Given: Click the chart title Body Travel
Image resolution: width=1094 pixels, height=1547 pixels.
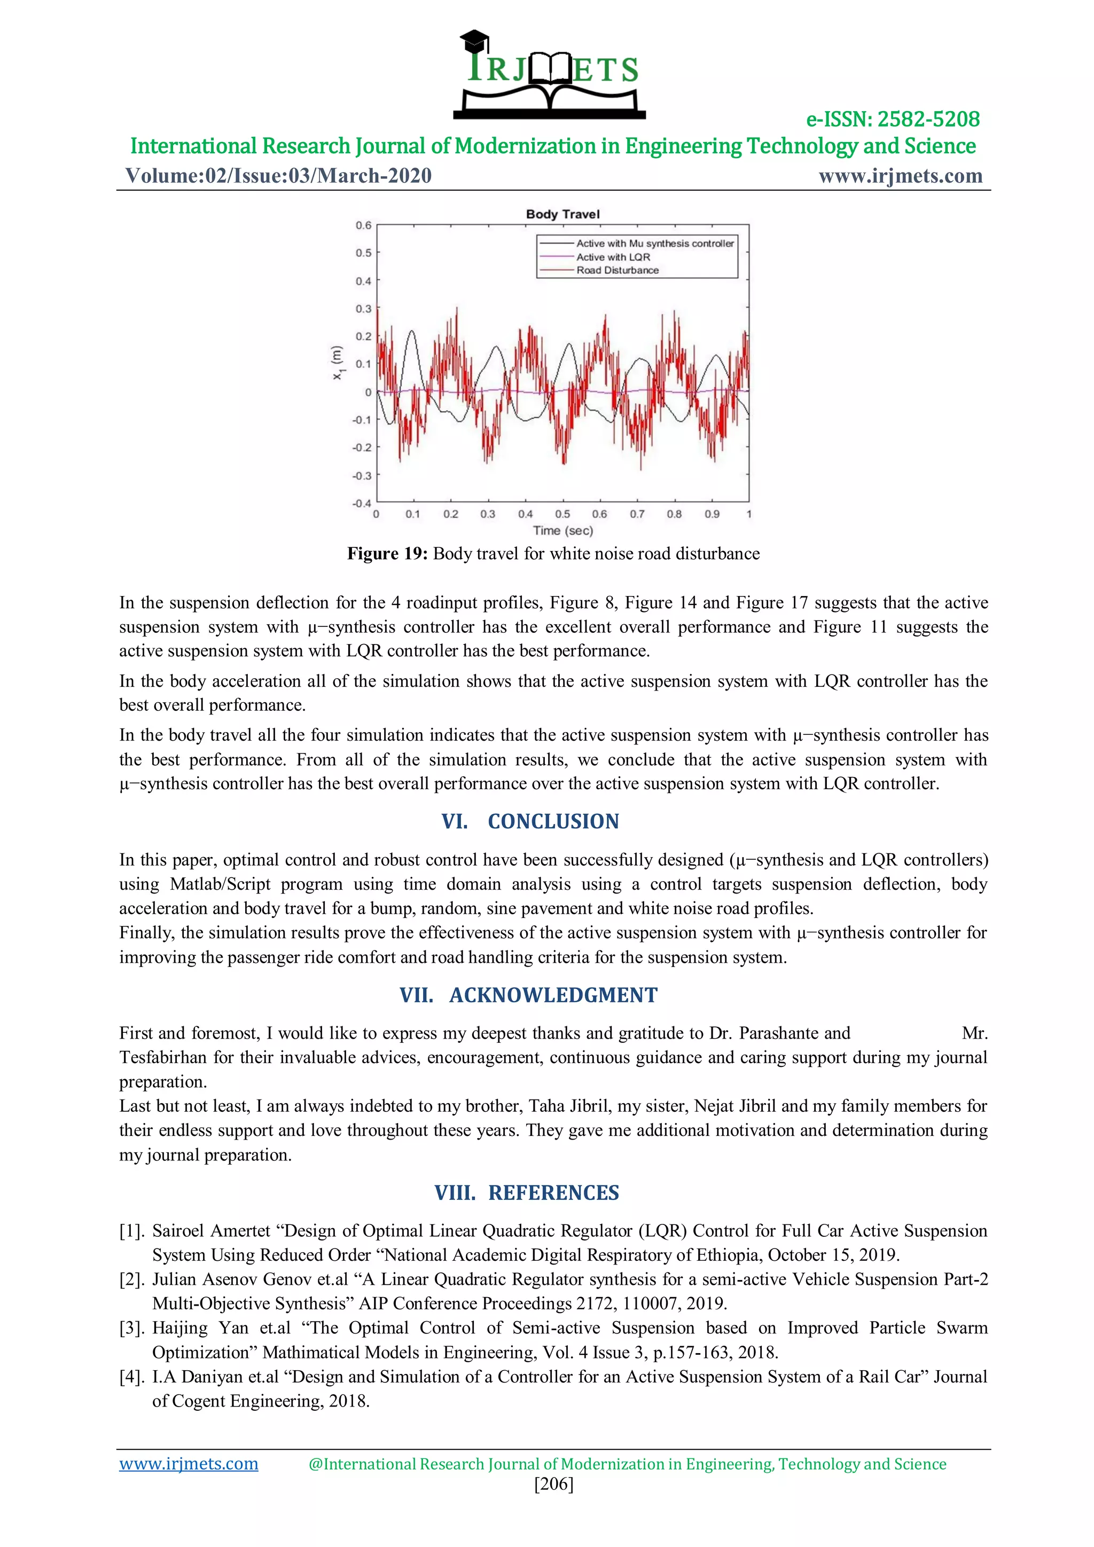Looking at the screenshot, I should click(x=562, y=214).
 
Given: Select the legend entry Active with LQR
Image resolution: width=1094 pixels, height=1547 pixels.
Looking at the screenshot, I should click(x=613, y=257).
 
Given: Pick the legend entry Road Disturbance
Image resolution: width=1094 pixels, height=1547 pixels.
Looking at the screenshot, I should click(x=617, y=270).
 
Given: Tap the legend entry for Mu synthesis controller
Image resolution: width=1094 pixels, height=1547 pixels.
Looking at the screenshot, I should click(x=654, y=243).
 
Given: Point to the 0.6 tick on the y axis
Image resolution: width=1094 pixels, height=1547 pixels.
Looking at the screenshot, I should click(x=363, y=225).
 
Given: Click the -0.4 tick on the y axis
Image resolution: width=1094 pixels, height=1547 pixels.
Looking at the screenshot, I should click(x=362, y=504).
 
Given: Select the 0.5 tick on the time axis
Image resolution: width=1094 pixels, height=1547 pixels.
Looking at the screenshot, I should click(x=562, y=514).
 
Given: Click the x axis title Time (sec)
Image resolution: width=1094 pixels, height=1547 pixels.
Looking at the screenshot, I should click(x=563, y=530).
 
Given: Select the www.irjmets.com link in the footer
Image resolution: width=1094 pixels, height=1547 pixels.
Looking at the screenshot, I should click(x=189, y=1464).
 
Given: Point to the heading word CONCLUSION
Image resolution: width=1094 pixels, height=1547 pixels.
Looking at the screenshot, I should click(x=553, y=821).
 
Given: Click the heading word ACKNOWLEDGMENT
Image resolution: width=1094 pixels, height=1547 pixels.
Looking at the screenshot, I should click(x=553, y=995).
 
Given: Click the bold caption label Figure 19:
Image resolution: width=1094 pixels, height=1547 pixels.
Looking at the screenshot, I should click(x=387, y=554).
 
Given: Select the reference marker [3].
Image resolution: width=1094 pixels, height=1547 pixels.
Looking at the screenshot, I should click(x=131, y=1328).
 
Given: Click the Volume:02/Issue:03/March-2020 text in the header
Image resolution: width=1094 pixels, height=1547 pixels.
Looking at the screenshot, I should click(x=278, y=176).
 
